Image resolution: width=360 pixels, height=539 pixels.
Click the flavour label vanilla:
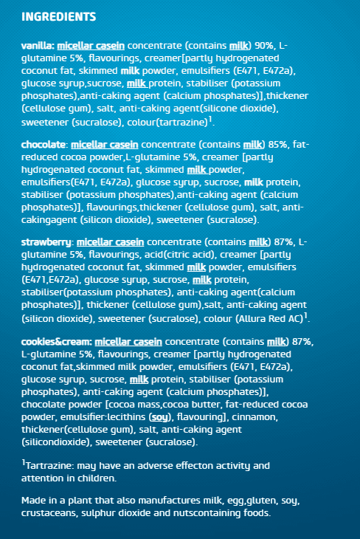point(36,46)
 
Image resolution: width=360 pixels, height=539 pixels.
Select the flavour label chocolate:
point(44,144)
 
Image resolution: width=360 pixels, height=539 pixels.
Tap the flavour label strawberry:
point(46,242)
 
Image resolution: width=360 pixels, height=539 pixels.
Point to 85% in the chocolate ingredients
point(278,144)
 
